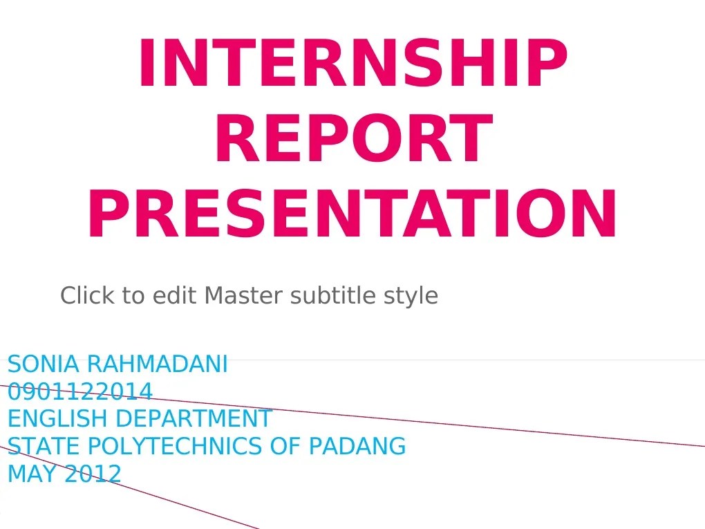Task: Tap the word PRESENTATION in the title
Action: (x=352, y=215)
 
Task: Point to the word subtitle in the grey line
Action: (x=333, y=296)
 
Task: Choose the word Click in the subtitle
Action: (x=86, y=296)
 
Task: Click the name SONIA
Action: (x=44, y=364)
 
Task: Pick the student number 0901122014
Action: (x=79, y=392)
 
